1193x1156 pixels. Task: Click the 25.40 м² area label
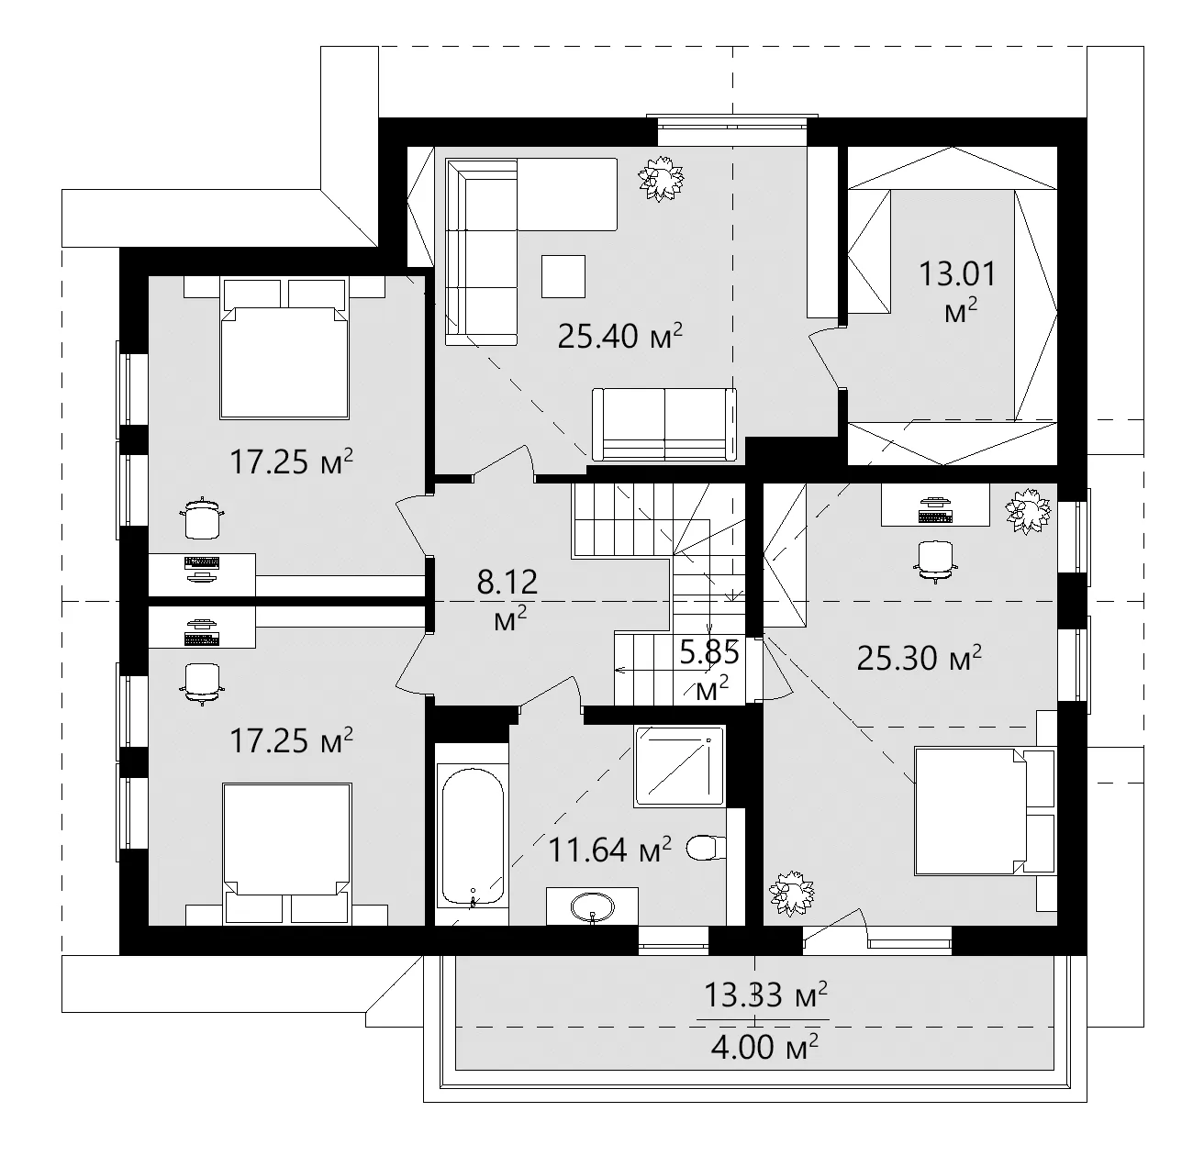[620, 337]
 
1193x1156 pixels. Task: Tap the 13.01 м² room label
[958, 291]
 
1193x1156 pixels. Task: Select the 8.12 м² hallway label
[507, 598]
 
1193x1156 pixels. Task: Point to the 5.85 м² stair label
[709, 669]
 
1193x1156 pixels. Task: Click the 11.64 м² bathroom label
[609, 850]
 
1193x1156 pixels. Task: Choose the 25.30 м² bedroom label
[919, 657]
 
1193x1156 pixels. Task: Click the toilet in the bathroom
[706, 848]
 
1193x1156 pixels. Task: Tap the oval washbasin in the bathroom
[593, 907]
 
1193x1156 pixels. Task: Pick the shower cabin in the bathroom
[679, 767]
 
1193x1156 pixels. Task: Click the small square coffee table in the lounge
[563, 275]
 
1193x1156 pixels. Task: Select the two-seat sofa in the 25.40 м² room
[663, 423]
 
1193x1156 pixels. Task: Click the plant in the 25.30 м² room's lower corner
[791, 893]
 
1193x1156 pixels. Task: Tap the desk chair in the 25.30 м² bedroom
[934, 560]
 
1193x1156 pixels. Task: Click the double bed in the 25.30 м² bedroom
[982, 810]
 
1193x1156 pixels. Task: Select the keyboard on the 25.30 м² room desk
[934, 517]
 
